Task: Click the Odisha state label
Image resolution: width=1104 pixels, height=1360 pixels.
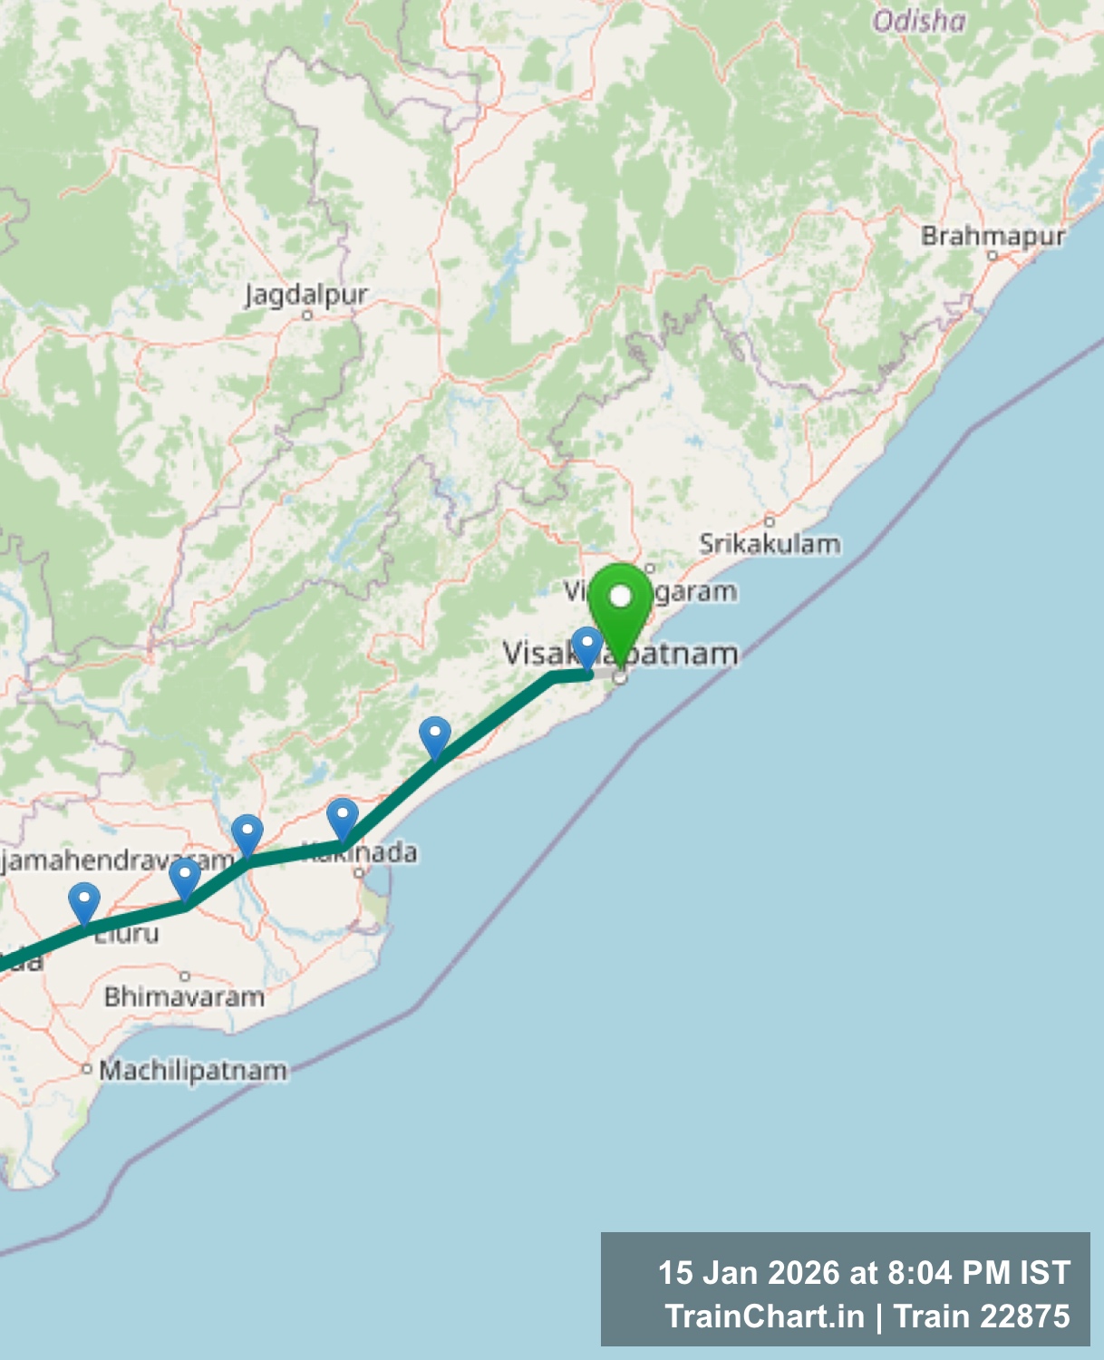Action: (x=919, y=21)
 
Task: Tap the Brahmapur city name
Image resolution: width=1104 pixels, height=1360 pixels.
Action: (x=993, y=236)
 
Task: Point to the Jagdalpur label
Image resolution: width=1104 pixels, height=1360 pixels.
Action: (x=306, y=295)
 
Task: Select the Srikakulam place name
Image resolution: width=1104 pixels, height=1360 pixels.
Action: (x=770, y=544)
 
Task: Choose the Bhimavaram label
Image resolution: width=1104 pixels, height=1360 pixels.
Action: (x=184, y=996)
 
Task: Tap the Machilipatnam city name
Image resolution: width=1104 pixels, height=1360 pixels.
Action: (x=193, y=1070)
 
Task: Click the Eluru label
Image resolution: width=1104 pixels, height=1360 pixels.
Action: (x=127, y=934)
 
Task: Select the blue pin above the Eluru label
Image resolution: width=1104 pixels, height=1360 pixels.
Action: (x=84, y=903)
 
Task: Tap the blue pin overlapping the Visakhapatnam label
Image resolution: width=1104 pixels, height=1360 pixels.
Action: (x=587, y=646)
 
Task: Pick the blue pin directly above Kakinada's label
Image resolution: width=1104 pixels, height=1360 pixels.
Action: (x=342, y=819)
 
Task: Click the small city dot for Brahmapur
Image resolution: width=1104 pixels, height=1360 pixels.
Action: (x=993, y=256)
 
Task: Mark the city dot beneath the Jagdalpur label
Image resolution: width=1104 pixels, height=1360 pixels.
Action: (x=307, y=315)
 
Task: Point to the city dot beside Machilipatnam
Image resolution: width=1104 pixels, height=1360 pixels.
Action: (x=87, y=1069)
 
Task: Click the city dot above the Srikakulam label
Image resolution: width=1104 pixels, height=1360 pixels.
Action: (x=770, y=521)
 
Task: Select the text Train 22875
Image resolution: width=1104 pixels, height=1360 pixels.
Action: (x=983, y=1316)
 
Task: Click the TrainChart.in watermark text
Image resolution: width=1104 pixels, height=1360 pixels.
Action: (x=765, y=1316)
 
